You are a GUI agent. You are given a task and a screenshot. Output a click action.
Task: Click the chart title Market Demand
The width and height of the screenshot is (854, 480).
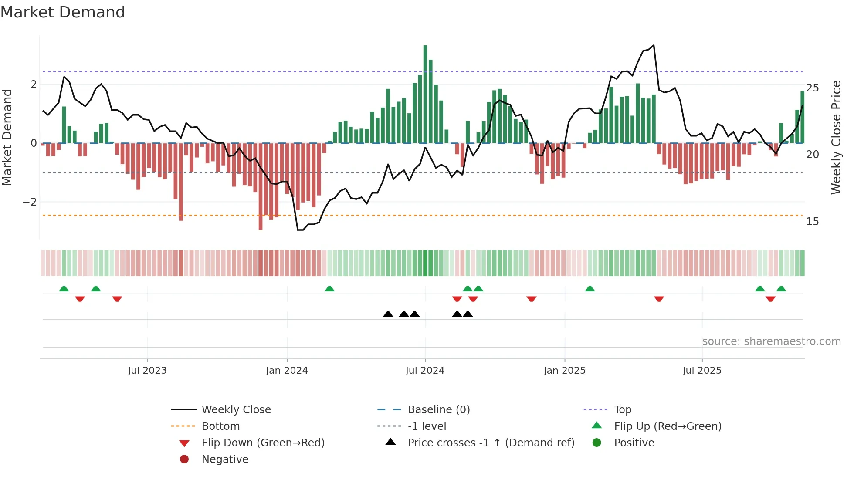click(63, 12)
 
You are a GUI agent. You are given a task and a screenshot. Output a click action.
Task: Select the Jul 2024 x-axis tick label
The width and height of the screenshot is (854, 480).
click(425, 371)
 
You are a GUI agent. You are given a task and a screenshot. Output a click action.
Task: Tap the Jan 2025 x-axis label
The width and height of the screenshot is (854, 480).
click(564, 371)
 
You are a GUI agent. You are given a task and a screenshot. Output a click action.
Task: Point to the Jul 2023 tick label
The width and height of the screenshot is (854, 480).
click(147, 371)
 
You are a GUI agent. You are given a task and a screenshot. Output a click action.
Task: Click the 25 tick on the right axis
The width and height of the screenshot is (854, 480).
click(812, 88)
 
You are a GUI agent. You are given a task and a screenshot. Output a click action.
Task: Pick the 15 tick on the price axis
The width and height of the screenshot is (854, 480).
click(812, 222)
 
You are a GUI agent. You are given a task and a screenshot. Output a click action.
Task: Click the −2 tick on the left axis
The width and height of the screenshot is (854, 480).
click(30, 202)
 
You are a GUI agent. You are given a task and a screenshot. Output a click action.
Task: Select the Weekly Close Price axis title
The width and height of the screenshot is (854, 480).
click(836, 137)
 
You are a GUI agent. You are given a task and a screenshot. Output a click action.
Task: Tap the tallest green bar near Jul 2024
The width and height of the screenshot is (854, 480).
click(425, 94)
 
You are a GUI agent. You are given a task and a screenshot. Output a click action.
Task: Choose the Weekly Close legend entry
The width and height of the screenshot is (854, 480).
click(236, 410)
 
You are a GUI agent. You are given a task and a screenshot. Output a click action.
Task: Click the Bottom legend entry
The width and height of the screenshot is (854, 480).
click(220, 426)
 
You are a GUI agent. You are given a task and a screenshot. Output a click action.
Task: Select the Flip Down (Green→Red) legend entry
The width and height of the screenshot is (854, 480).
click(263, 443)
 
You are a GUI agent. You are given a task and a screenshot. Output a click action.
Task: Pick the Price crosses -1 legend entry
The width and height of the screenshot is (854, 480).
click(491, 443)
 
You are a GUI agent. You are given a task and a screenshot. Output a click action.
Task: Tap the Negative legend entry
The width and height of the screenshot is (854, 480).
click(225, 460)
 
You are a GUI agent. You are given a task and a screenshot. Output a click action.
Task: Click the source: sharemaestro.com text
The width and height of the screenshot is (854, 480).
click(771, 341)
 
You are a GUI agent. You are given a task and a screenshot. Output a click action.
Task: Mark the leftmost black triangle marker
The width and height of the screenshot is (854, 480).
click(388, 314)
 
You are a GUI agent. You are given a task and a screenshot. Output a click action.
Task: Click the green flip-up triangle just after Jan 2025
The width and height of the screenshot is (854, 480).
click(590, 289)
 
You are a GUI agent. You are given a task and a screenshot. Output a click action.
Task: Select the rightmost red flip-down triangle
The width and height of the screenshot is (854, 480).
click(770, 299)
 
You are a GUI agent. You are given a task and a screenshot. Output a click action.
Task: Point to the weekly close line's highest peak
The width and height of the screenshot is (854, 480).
click(654, 45)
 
